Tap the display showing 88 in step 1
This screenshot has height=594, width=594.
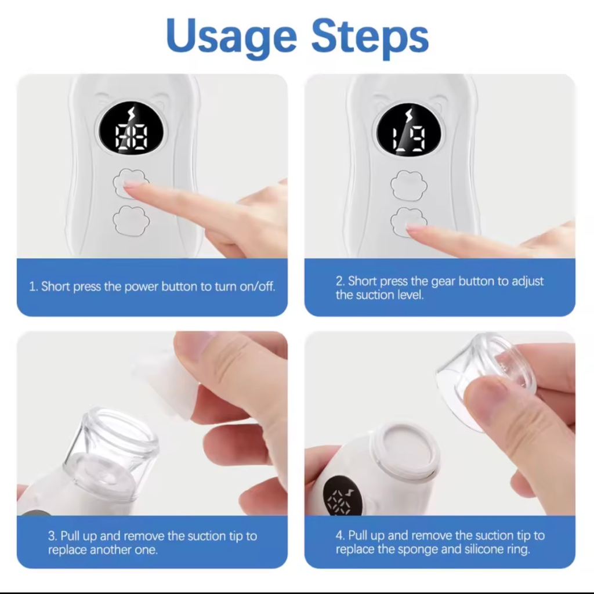pyautogui.click(x=131, y=128)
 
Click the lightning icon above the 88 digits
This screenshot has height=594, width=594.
pyautogui.click(x=132, y=114)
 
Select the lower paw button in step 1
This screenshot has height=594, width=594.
pyautogui.click(x=131, y=220)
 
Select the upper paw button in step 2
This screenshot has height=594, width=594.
pyautogui.click(x=409, y=185)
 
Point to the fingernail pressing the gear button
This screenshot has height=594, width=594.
pyautogui.click(x=414, y=227)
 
